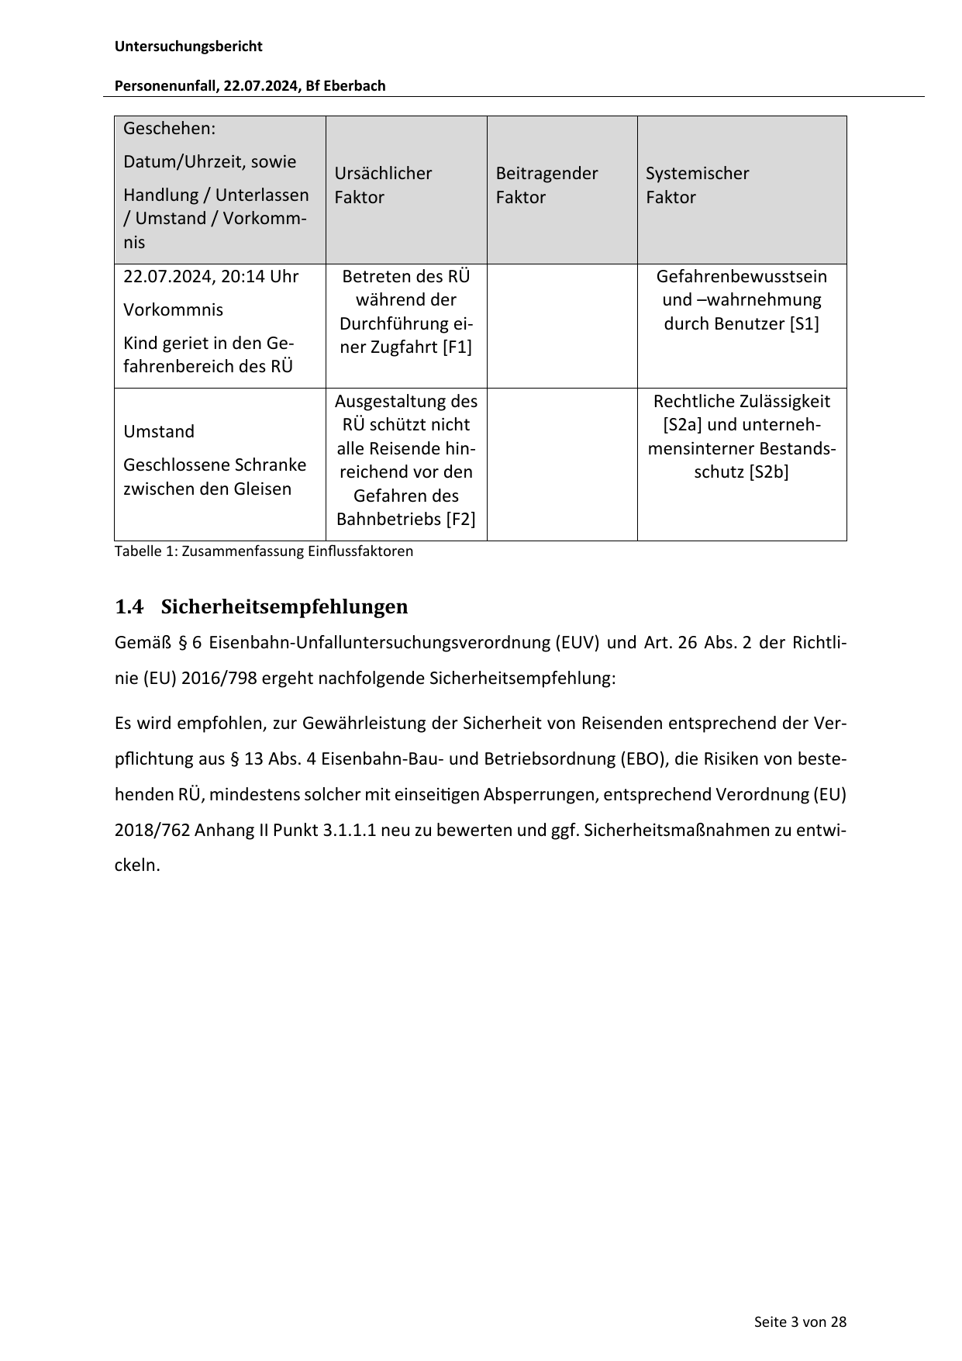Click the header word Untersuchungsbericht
(188, 47)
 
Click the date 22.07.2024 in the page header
(261, 86)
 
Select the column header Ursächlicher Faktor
(383, 185)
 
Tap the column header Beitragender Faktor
(547, 185)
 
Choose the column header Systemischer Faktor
(697, 185)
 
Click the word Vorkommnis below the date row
(173, 310)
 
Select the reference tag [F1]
(457, 347)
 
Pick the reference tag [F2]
(460, 520)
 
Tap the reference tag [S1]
(804, 324)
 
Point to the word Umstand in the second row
(159, 432)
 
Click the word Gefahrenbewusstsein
(741, 277)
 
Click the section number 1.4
(129, 606)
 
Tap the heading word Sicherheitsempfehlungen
(284, 606)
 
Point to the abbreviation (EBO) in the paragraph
(643, 758)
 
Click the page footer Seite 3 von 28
(800, 1322)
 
